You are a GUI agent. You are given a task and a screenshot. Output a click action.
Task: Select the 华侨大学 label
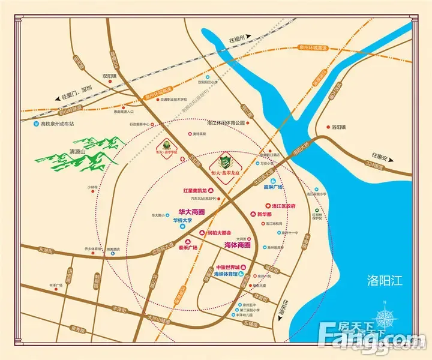pos(186,220)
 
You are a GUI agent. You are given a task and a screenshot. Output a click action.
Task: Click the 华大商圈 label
pos(192,212)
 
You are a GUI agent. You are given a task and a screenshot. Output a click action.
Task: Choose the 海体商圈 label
pos(237,245)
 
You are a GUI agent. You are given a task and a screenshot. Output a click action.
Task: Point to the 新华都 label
pos(265,214)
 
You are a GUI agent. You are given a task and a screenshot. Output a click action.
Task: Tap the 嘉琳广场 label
pos(272,187)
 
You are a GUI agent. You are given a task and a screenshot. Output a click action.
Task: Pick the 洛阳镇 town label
pos(340,127)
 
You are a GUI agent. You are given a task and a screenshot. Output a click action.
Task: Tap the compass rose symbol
pos(385,317)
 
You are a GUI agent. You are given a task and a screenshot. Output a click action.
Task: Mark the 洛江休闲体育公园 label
pos(227,122)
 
